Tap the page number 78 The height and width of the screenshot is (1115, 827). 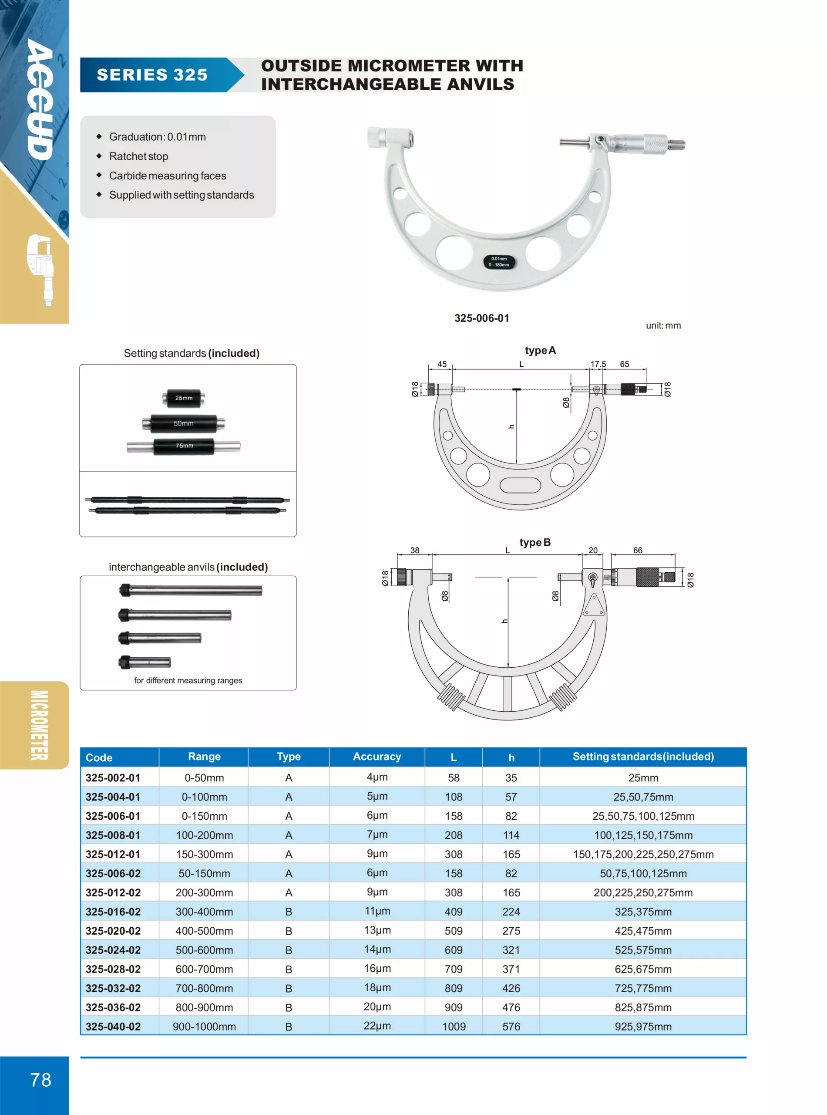[x=40, y=1079]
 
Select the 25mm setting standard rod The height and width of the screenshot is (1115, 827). [x=183, y=398]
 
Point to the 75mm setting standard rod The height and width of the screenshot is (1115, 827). [x=184, y=446]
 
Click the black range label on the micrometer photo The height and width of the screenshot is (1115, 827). [x=499, y=261]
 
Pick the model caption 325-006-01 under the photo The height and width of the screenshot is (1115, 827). [x=481, y=318]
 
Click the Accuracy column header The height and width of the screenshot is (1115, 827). [x=377, y=757]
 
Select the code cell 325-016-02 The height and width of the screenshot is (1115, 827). [x=113, y=912]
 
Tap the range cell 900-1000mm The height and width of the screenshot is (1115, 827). [x=204, y=1026]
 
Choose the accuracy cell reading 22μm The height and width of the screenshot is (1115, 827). [x=377, y=1026]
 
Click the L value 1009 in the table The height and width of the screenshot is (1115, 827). [x=454, y=1026]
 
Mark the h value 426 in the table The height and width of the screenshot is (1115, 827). [x=511, y=988]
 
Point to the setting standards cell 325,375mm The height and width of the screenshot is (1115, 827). [x=643, y=912]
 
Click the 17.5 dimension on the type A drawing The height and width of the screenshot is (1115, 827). [x=598, y=364]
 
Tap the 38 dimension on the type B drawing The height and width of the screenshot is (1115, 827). [x=414, y=550]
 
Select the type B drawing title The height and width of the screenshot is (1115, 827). [x=535, y=542]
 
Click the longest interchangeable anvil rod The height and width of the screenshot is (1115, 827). [x=191, y=591]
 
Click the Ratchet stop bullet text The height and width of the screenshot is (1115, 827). [x=139, y=156]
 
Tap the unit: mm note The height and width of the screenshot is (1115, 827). [x=663, y=326]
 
